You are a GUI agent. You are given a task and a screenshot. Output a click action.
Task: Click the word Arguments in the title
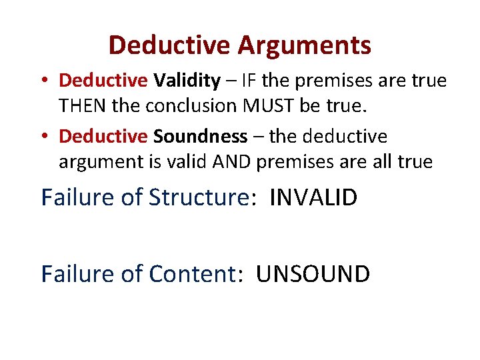[x=304, y=45]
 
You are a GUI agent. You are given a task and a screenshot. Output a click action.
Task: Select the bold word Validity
[x=187, y=81]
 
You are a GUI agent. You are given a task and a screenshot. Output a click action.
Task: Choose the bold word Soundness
[x=200, y=137]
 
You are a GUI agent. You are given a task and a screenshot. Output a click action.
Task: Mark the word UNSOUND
[x=313, y=273]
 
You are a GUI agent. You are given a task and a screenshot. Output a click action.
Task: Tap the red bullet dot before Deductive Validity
[x=44, y=81]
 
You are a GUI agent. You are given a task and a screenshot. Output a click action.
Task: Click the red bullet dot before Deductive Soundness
[x=44, y=137]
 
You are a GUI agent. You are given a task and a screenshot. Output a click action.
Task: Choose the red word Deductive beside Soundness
[x=103, y=137]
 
